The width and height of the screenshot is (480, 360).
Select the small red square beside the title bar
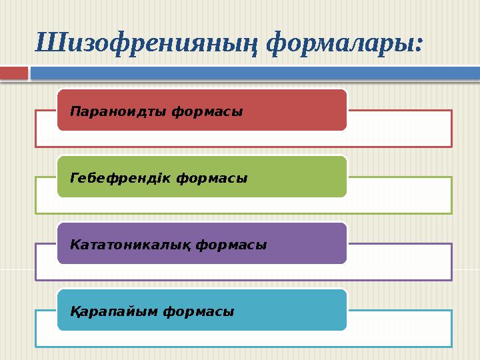(14, 72)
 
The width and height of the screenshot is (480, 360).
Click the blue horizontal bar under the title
(253, 72)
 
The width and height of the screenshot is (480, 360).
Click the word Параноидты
(117, 111)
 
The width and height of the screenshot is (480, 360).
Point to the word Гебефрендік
(121, 178)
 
